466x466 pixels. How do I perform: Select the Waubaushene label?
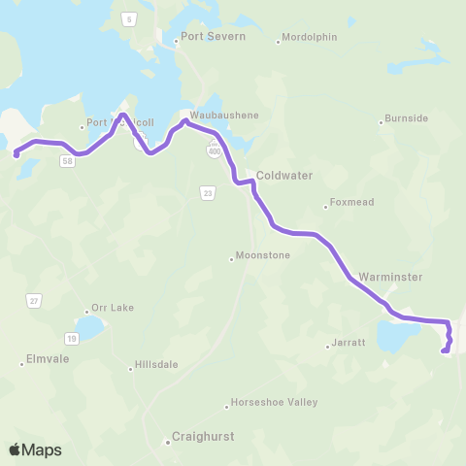pos(224,115)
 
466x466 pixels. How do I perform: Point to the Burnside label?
pos(407,118)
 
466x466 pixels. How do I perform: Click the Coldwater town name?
pos(284,177)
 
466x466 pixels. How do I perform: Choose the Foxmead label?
pos(349,204)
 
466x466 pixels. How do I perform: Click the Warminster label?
pos(390,277)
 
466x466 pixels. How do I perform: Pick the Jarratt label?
pos(349,343)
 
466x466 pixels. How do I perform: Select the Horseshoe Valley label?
pos(277,402)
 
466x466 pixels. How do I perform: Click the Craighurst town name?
pos(202,438)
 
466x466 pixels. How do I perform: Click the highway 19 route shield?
pos(72,338)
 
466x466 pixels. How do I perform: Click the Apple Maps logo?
pos(35,449)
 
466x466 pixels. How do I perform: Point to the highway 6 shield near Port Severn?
pos(127,18)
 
